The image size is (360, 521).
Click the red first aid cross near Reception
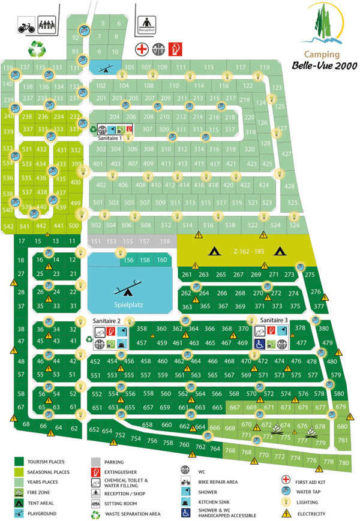tap(142, 49)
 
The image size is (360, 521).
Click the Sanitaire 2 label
tap(107, 321)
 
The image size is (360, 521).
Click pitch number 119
tap(263, 67)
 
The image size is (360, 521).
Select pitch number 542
tap(8, 227)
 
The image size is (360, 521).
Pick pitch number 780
tap(343, 463)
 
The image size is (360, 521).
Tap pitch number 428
tap(289, 186)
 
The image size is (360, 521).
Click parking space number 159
tap(165, 240)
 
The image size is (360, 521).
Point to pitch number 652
tap(94, 430)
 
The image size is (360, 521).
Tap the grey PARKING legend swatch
tap(96, 462)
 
